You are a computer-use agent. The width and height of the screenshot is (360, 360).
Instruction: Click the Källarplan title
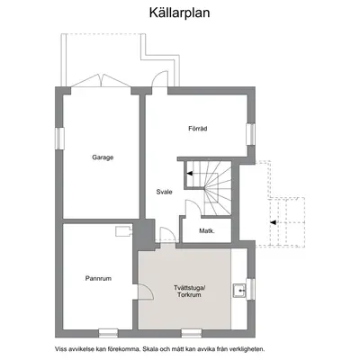pyautogui.click(x=179, y=13)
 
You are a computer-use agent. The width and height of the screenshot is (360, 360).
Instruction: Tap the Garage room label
pyautogui.click(x=103, y=157)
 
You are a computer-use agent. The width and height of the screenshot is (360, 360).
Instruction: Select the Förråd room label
pyautogui.click(x=198, y=129)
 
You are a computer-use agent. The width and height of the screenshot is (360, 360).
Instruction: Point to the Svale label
pyautogui.click(x=164, y=192)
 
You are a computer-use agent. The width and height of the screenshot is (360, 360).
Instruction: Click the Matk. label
pyautogui.click(x=207, y=231)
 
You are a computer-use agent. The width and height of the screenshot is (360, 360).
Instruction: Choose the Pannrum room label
pyautogui.click(x=98, y=278)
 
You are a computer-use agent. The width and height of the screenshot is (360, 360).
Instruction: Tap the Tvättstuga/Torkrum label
pyautogui.click(x=189, y=292)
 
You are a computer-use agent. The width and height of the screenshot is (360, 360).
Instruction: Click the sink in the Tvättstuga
pyautogui.click(x=239, y=291)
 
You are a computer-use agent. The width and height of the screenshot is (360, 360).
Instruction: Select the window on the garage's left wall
pyautogui.click(x=59, y=139)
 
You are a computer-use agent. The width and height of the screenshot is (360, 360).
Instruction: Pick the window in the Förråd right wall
pyautogui.click(x=250, y=134)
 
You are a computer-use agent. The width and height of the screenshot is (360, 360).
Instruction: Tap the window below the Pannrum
pyautogui.click(x=108, y=333)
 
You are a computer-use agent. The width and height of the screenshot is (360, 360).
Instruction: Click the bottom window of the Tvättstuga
pyautogui.click(x=192, y=333)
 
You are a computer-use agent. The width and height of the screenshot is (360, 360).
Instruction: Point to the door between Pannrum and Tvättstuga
pyautogui.click(x=146, y=292)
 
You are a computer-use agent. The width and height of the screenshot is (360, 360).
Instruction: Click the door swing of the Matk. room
pyautogui.click(x=193, y=208)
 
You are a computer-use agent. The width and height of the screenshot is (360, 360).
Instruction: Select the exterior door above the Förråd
pyautogui.click(x=160, y=78)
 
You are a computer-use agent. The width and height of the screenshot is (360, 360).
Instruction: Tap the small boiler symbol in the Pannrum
pyautogui.click(x=123, y=231)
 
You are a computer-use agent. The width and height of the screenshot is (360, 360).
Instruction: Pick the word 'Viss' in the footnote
pyautogui.click(x=59, y=349)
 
